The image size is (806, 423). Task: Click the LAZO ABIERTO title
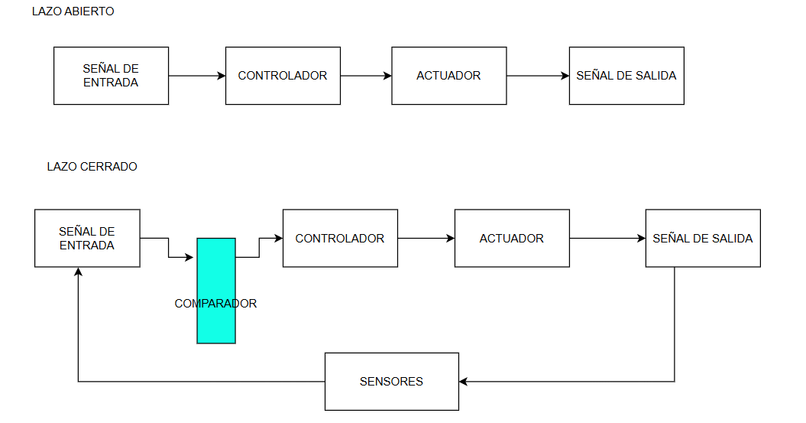point(73,12)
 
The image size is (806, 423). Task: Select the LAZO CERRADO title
point(92,166)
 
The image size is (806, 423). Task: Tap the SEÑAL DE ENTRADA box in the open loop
point(111,76)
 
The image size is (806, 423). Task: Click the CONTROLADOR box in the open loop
point(283,76)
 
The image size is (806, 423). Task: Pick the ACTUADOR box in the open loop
point(448,76)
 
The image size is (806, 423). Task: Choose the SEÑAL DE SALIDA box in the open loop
point(626,76)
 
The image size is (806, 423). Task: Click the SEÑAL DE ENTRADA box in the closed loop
point(87,238)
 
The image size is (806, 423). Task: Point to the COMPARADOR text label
point(215,304)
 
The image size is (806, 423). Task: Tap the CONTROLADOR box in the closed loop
point(340,238)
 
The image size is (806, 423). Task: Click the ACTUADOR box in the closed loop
point(511,238)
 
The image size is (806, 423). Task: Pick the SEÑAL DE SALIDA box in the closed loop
point(702,238)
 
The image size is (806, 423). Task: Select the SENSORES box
point(391,381)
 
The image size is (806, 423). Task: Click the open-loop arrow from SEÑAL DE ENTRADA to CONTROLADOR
point(196,76)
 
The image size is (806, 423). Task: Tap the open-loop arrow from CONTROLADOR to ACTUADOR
point(366,76)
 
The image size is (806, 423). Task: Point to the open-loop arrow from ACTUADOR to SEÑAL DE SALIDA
point(537,76)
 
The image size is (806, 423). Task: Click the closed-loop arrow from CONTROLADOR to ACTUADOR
point(426,238)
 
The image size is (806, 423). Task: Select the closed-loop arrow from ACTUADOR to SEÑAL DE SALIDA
point(607,238)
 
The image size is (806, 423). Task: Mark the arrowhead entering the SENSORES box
point(464,381)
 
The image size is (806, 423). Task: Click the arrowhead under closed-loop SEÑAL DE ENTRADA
point(78,272)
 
